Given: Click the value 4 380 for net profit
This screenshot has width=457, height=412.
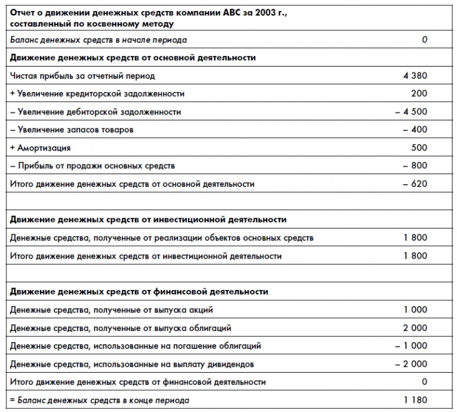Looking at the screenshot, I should tap(415, 76).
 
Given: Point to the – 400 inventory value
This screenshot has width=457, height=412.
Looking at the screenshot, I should tap(415, 130).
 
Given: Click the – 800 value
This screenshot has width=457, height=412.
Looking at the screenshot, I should tap(415, 165).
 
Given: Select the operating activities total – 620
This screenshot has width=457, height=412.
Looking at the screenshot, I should tap(415, 184).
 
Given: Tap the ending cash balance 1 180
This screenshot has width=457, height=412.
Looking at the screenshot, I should tap(415, 400).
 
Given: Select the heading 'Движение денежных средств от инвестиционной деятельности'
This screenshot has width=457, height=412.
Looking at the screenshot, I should tap(148, 220).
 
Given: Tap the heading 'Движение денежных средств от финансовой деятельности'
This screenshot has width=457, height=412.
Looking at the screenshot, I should tap(139, 292).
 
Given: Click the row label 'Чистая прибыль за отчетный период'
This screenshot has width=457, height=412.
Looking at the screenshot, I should tap(83, 76).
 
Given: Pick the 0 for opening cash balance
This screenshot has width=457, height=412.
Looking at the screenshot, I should tap(425, 40).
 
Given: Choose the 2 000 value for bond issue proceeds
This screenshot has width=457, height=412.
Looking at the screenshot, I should tap(415, 328).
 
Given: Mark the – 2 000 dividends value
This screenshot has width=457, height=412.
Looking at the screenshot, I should tap(411, 364).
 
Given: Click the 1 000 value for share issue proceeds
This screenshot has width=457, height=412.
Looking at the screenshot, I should tap(415, 310).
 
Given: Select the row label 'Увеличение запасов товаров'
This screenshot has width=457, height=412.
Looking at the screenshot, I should tap(75, 130).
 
